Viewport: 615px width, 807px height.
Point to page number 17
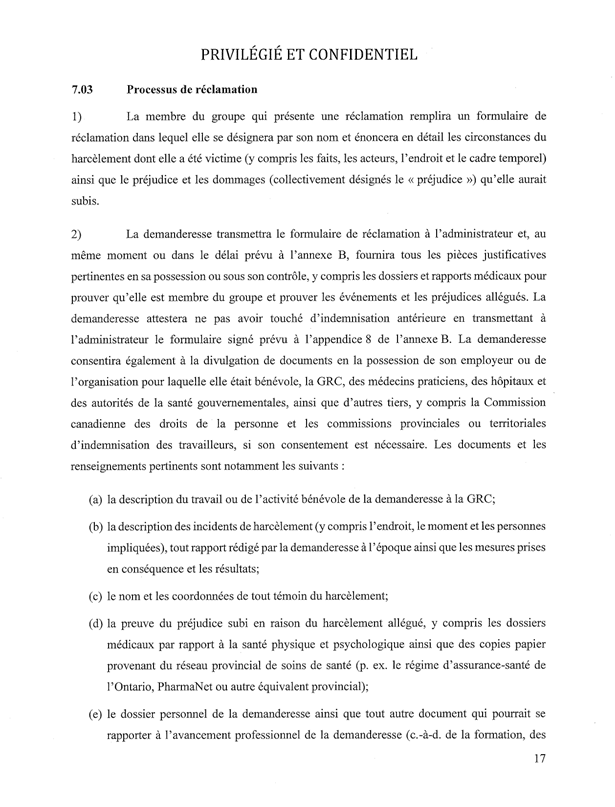coord(542,770)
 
